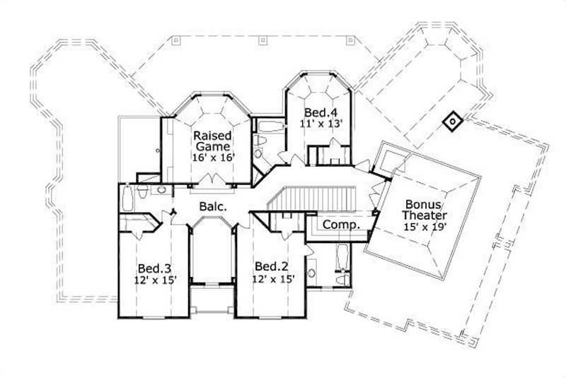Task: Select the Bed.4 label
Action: point(317,112)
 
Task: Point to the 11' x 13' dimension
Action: point(323,123)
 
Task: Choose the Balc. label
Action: point(212,208)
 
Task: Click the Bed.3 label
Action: point(152,268)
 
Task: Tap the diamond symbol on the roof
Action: point(451,123)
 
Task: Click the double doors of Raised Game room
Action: point(209,182)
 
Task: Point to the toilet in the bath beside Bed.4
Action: point(261,146)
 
